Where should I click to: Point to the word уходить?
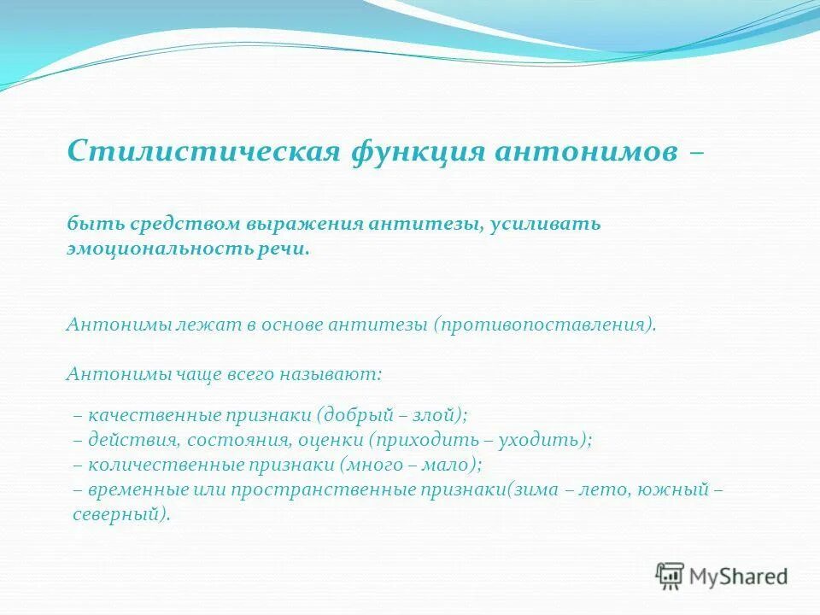[x=543, y=441]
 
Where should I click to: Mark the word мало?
[x=449, y=466]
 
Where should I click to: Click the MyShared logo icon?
[x=670, y=576]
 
